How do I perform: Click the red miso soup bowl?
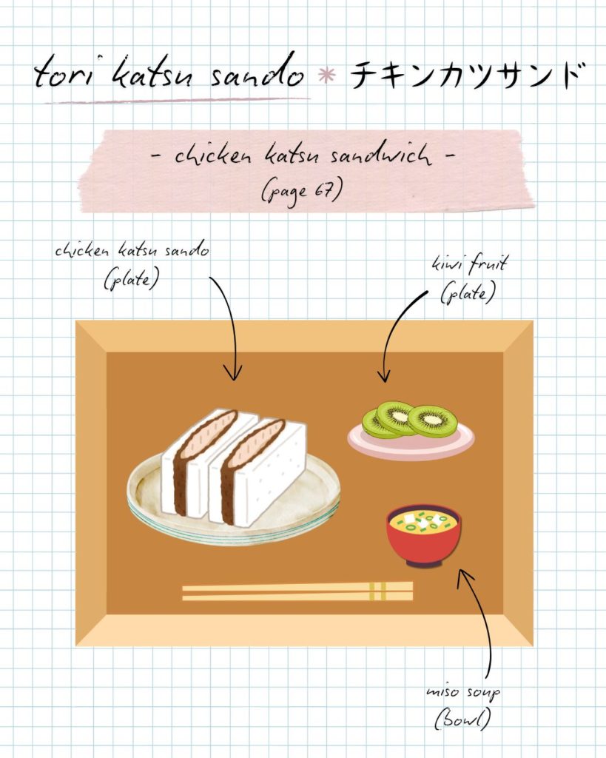pos(424,536)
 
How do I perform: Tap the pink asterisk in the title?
pos(327,76)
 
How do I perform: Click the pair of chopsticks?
pos(297,591)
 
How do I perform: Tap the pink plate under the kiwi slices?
pos(411,439)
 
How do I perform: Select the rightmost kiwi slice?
pos(433,421)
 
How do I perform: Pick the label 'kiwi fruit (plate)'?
pos(469,279)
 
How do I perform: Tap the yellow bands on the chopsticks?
pos(377,591)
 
